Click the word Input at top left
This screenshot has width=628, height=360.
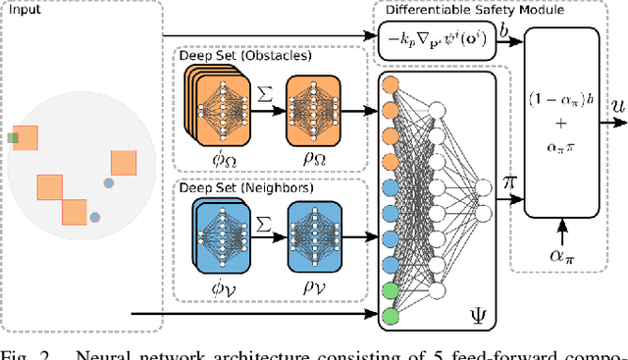(x=21, y=13)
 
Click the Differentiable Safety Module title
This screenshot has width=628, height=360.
(x=460, y=10)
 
